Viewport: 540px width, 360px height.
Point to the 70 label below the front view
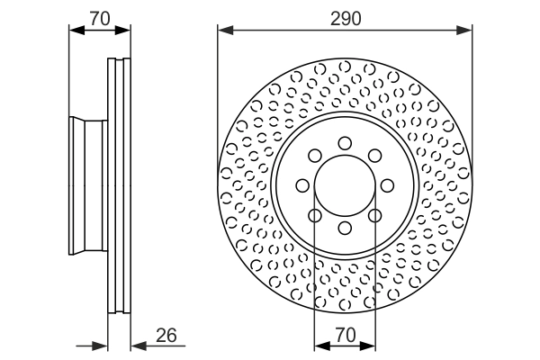click(344, 335)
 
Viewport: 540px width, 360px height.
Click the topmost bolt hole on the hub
click(345, 142)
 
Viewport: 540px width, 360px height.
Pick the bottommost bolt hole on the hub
click(345, 229)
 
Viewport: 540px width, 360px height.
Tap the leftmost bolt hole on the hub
click(302, 185)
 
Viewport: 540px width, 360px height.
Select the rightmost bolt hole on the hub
click(388, 185)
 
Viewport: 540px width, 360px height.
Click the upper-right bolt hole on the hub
click(375, 155)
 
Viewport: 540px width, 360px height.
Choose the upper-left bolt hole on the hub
click(314, 155)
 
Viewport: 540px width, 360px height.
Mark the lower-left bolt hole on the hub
click(314, 216)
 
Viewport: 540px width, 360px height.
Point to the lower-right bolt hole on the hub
click(375, 216)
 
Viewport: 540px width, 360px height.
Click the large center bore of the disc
click(345, 185)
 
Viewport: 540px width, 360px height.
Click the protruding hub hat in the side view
click(88, 185)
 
